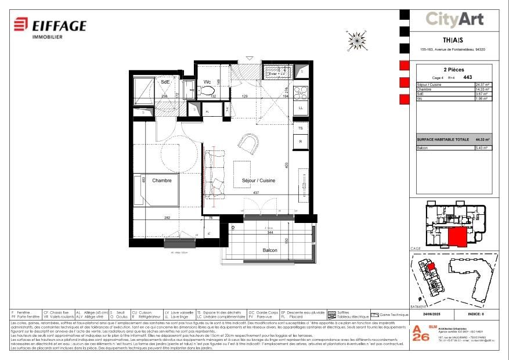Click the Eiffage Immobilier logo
point(50,27)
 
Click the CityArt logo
point(454,19)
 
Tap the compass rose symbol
point(355,39)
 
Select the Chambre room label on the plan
point(162,181)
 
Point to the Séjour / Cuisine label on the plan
point(258,181)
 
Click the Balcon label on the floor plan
point(269,250)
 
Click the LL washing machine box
point(301,108)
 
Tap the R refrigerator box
point(301,141)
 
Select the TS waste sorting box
point(301,128)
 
